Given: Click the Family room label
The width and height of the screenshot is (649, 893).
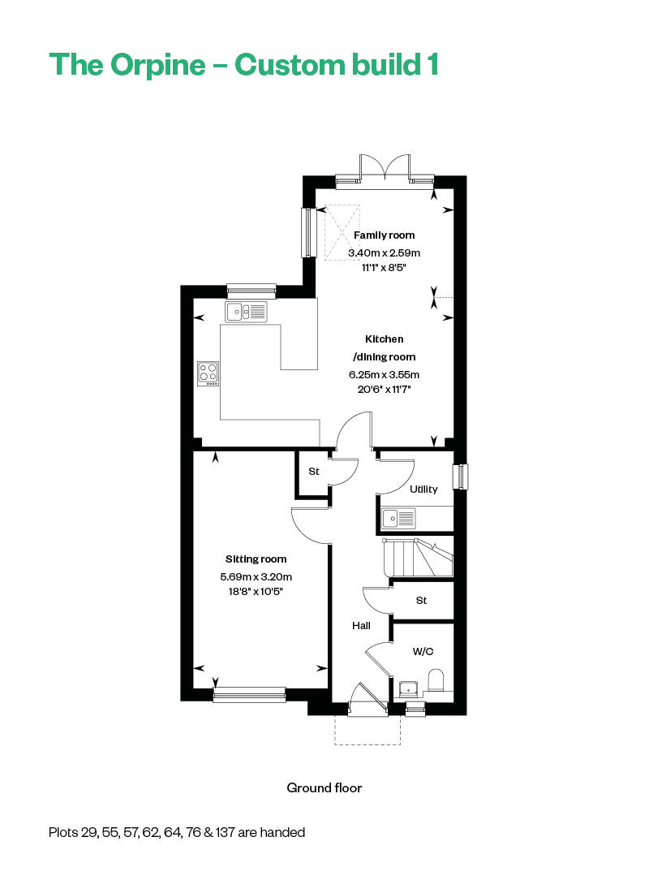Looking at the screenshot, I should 384,235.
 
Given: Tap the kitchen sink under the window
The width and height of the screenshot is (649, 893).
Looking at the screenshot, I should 246,311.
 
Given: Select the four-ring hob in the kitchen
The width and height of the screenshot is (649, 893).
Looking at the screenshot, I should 208,373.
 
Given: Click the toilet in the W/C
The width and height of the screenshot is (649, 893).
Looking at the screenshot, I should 436,679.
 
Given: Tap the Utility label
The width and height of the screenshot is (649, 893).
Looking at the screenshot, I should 423,489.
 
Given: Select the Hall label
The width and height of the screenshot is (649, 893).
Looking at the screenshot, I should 361,625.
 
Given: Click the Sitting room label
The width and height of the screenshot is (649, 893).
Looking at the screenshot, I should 256,559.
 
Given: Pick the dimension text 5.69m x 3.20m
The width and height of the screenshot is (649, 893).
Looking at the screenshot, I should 256,576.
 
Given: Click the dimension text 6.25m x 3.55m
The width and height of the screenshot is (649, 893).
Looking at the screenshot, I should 384,375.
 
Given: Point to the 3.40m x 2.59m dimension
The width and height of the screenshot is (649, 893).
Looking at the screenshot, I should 384,252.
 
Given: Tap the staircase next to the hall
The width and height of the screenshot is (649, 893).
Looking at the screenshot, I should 418,558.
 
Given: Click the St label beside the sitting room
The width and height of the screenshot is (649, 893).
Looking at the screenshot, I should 313,472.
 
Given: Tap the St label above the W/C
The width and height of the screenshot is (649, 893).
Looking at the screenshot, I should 421,601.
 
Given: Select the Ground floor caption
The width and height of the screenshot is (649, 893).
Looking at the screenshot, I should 324,787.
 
